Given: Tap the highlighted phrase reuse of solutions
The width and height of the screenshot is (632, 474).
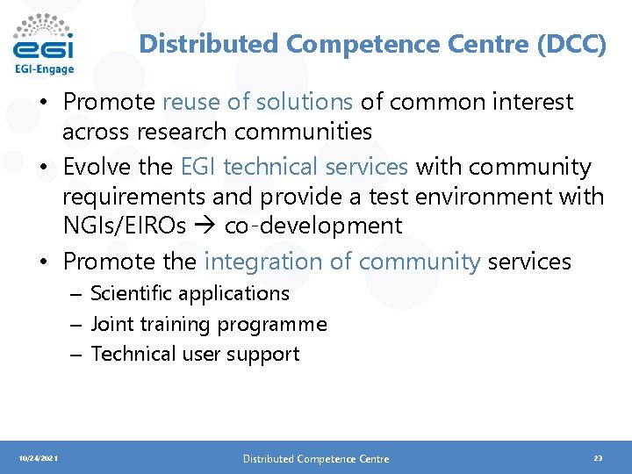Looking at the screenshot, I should [257, 102].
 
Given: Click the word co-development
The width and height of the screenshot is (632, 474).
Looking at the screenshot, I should [313, 226].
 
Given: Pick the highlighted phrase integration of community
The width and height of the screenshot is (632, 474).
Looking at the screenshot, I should [342, 261].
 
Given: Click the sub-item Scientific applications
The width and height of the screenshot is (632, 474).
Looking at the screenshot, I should [190, 293].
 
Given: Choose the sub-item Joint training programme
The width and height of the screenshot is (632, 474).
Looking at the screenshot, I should [209, 324].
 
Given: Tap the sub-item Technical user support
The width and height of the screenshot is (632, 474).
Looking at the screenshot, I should [195, 354].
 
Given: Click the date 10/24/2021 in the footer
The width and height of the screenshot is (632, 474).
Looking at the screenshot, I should [39, 458].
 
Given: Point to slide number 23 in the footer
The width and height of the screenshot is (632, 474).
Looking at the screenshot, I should [598, 458].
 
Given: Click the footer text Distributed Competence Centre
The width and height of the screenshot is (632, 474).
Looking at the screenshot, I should [316, 458].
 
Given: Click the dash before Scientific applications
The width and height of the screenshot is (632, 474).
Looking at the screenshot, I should [76, 294].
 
